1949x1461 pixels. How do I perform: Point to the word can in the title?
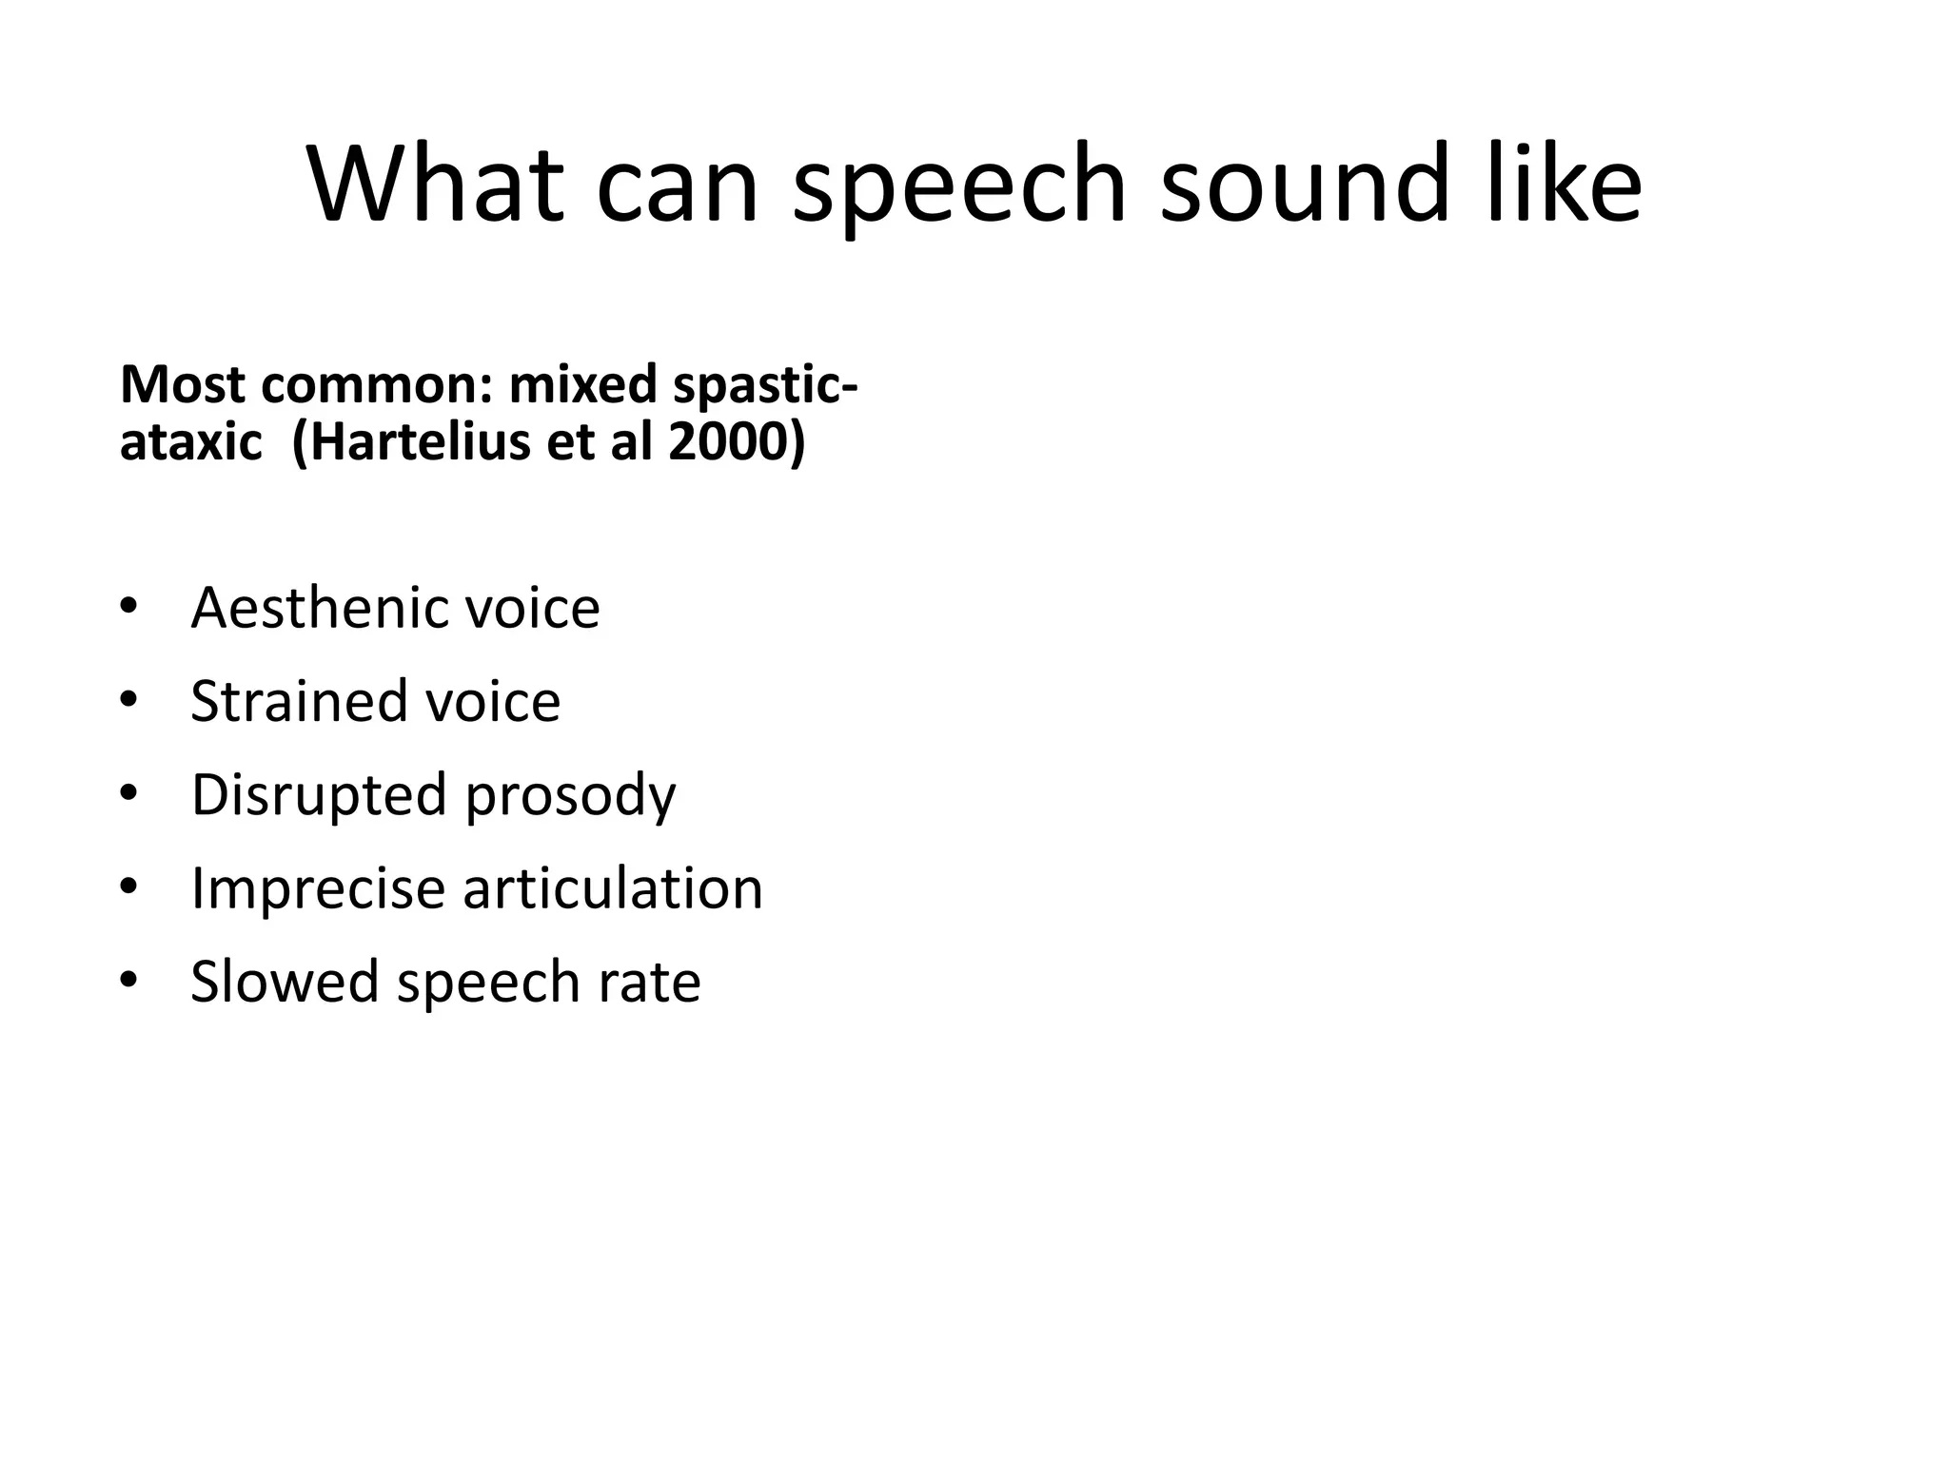[678, 185]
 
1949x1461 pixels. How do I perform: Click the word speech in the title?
[959, 187]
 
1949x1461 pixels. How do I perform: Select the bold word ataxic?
[190, 442]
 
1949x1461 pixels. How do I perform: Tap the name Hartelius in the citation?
[423, 442]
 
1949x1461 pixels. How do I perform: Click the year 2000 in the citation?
[728, 442]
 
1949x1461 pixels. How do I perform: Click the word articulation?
[613, 888]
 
